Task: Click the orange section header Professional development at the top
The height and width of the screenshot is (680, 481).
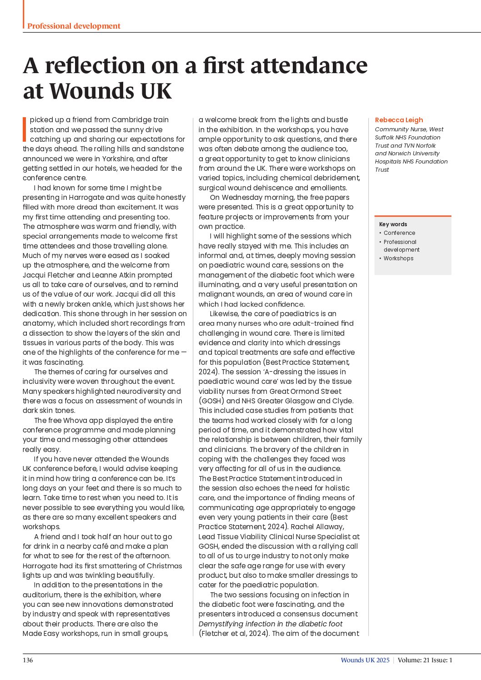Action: [x=74, y=26]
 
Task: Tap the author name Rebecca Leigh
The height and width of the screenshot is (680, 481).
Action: [x=399, y=120]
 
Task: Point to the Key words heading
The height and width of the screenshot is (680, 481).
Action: [x=393, y=224]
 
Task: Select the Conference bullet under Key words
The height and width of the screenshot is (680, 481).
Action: [x=399, y=233]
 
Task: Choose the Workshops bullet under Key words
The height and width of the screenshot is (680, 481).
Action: [x=398, y=258]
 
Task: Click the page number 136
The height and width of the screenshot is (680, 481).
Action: [x=28, y=660]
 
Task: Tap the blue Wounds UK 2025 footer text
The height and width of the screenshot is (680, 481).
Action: [x=365, y=660]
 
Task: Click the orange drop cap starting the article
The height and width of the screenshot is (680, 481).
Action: [x=25, y=129]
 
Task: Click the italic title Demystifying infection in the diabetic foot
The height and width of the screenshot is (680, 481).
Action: [x=270, y=624]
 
